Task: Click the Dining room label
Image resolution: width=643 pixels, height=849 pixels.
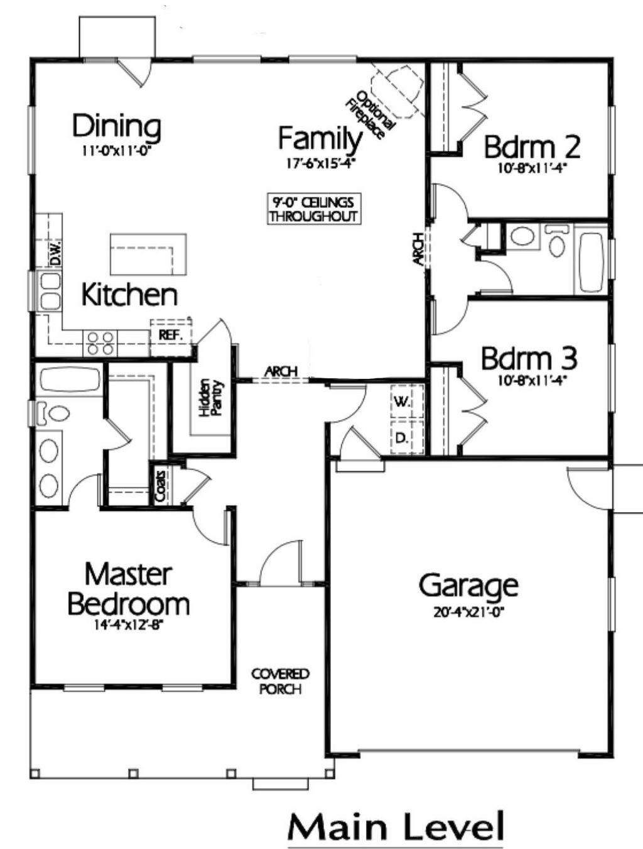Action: tap(117, 126)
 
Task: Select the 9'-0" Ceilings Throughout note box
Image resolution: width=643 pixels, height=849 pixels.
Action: tap(313, 209)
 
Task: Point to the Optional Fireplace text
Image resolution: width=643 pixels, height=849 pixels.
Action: tap(371, 116)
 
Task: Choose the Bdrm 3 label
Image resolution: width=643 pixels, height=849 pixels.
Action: tap(529, 359)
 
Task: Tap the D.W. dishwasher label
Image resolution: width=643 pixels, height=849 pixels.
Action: tap(55, 254)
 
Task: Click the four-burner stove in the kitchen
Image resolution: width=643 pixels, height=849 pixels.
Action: tap(100, 343)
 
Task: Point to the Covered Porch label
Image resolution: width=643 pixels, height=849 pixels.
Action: tap(280, 681)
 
